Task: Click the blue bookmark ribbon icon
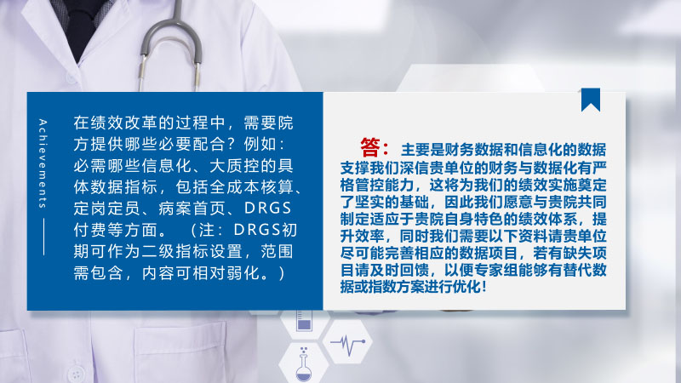(x=591, y=99)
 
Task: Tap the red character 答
(x=370, y=147)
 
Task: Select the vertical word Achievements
(x=43, y=163)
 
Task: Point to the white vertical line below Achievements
(x=44, y=237)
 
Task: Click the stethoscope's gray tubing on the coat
(x=170, y=48)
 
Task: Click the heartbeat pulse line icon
(x=347, y=344)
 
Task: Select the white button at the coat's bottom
(x=77, y=374)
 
